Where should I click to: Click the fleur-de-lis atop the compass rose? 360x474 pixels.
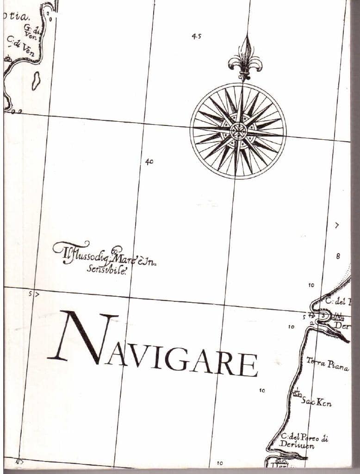tap(245, 56)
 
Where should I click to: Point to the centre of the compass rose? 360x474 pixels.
tap(238, 131)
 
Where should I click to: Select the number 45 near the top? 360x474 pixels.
tap(196, 36)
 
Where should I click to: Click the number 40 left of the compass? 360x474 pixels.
tap(149, 162)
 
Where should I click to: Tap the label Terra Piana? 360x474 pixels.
tap(327, 364)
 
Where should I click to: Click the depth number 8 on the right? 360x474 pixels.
tap(338, 256)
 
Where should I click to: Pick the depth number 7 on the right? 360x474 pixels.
tap(337, 225)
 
